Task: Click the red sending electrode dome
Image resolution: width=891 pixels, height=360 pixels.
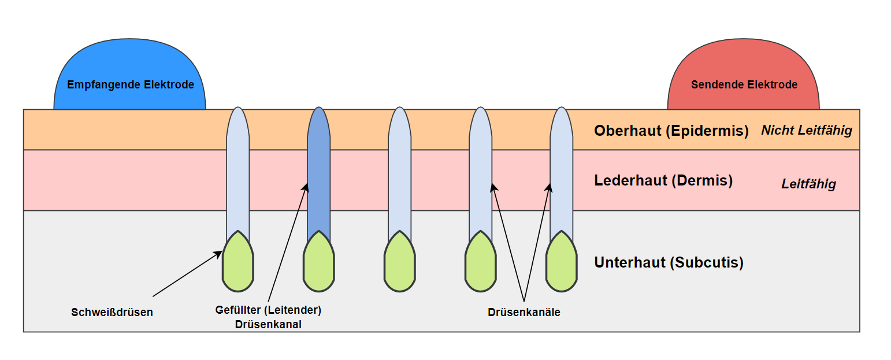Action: (x=744, y=64)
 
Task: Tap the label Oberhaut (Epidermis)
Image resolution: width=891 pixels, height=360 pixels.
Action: (x=671, y=131)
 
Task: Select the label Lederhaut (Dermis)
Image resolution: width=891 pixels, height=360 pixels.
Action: (x=663, y=180)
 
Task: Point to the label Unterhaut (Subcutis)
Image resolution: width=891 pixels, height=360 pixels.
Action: (x=669, y=262)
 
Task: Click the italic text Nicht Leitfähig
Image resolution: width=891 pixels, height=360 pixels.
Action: (x=807, y=130)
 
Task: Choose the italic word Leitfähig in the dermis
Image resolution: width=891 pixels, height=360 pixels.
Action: (x=808, y=184)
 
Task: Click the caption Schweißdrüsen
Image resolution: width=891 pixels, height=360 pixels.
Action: (x=112, y=313)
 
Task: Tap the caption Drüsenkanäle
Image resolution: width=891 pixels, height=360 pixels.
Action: (x=524, y=313)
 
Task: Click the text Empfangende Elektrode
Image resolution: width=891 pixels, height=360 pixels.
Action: (x=131, y=85)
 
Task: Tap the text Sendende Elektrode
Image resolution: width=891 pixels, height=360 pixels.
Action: (x=744, y=85)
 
